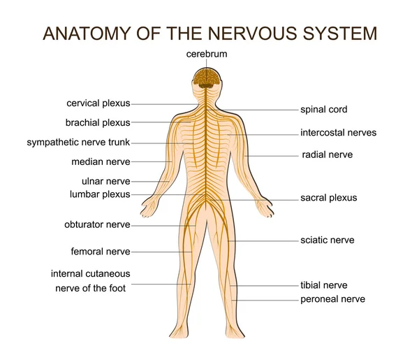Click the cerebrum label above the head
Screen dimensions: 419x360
207,54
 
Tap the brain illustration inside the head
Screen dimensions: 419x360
207,78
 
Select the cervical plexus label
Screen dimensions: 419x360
98,103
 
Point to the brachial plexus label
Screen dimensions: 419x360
98,123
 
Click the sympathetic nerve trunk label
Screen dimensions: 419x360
78,143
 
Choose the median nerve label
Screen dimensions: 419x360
101,161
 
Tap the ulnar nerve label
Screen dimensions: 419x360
106,181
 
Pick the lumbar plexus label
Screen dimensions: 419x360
100,194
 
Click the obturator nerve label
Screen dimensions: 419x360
97,224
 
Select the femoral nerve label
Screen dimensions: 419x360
101,252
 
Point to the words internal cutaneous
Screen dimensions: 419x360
91,274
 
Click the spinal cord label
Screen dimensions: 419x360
324,110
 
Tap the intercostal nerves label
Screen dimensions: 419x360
338,133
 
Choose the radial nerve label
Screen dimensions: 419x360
328,154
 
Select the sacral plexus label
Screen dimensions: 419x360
329,198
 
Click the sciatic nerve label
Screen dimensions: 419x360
328,240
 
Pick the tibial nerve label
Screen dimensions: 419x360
324,285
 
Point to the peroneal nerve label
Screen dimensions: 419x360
332,299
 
